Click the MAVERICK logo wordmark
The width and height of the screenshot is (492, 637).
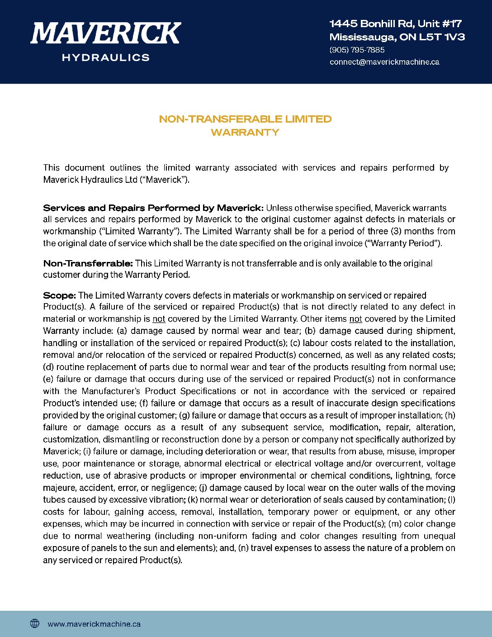[x=105, y=33]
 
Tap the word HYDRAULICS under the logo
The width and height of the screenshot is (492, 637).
[x=105, y=57]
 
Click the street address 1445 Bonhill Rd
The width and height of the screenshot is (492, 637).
[x=371, y=24]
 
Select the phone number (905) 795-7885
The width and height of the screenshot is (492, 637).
[x=357, y=50]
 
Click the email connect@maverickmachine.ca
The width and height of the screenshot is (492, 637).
[x=384, y=62]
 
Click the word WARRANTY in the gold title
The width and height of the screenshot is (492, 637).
[x=245, y=133]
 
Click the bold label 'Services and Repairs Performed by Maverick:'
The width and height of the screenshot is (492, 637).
[x=153, y=208]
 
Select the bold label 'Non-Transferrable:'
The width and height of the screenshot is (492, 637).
[x=88, y=263]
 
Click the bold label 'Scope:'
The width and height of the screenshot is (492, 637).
[x=59, y=295]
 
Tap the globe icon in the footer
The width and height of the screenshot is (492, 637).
[x=35, y=623]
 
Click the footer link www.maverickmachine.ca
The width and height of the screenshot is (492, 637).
[x=94, y=624]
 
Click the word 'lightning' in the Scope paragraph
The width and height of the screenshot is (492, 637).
[x=413, y=476]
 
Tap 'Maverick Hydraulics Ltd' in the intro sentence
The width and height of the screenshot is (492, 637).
[x=90, y=180]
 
